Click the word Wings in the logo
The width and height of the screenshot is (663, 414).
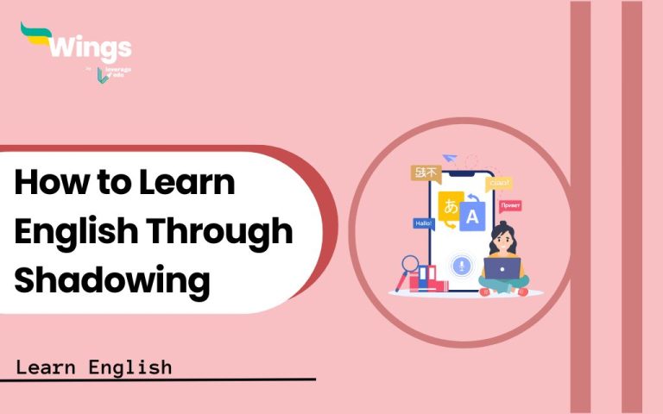click(x=91, y=47)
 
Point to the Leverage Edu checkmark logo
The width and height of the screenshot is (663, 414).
click(x=104, y=76)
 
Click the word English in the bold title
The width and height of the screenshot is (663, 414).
click(x=78, y=230)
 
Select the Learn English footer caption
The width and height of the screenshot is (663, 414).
click(x=93, y=367)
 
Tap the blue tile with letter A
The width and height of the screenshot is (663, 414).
click(x=471, y=217)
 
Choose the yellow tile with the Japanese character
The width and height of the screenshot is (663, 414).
click(x=450, y=206)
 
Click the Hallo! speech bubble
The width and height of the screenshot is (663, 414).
click(x=424, y=223)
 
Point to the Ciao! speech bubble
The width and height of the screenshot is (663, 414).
click(x=499, y=183)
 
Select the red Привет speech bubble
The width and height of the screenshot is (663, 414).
click(x=509, y=206)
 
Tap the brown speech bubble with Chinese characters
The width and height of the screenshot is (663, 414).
click(x=426, y=172)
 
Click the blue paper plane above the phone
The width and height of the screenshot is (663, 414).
click(x=449, y=159)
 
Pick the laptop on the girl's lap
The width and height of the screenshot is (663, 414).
click(x=502, y=269)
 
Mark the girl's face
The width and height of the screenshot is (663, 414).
click(x=502, y=236)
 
